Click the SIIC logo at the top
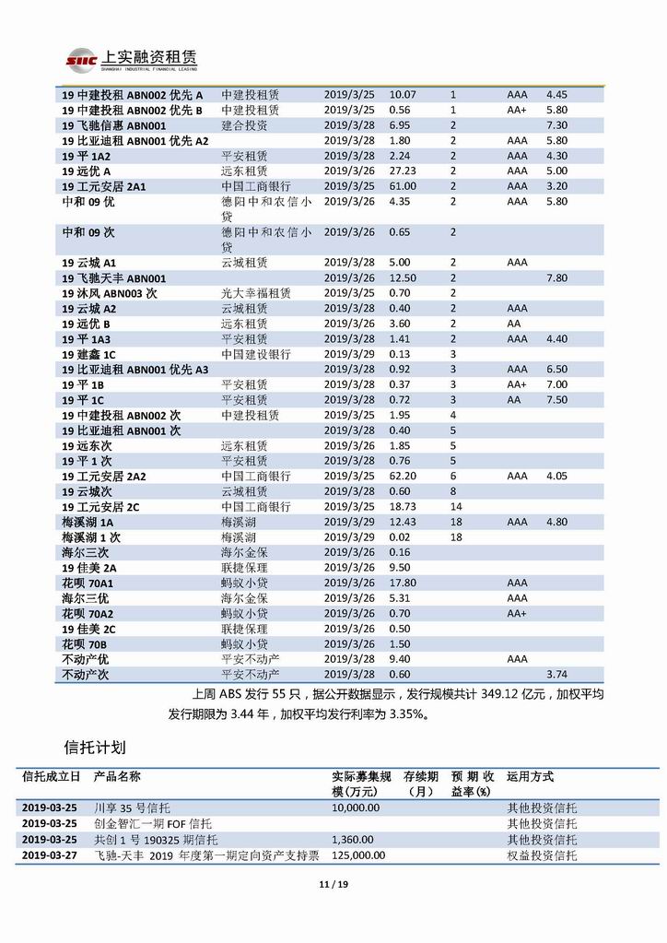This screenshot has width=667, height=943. coord(81,61)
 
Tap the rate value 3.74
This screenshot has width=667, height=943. coord(556,674)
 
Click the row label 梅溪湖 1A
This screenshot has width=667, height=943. coord(88,522)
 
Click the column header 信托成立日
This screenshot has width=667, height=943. coord(51,777)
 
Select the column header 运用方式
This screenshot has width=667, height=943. coord(530,777)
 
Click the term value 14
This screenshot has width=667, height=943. coord(455,506)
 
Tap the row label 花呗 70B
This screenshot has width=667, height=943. coord(84,643)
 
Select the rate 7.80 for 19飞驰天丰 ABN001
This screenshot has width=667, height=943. coord(556,277)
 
